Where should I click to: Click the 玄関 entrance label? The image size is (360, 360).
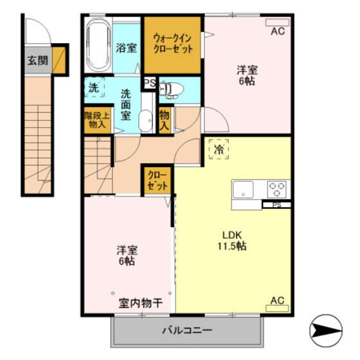pos(37,61)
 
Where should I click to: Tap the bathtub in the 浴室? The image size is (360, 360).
pos(98,46)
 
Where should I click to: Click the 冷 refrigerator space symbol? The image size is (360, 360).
pos(219,149)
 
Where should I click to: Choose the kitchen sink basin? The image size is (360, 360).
pos(244,189)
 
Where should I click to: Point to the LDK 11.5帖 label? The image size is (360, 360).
pos(231,240)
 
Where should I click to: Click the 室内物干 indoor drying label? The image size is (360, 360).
pos(140,303)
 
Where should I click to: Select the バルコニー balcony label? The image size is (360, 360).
pos(187,331)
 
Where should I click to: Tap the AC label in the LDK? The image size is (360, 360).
pos(277,300)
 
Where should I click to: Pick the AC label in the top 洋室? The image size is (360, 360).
pos(278,30)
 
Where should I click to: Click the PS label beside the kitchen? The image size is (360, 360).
pos(276,205)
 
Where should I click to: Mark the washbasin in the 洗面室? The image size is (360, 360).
pos(146,120)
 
